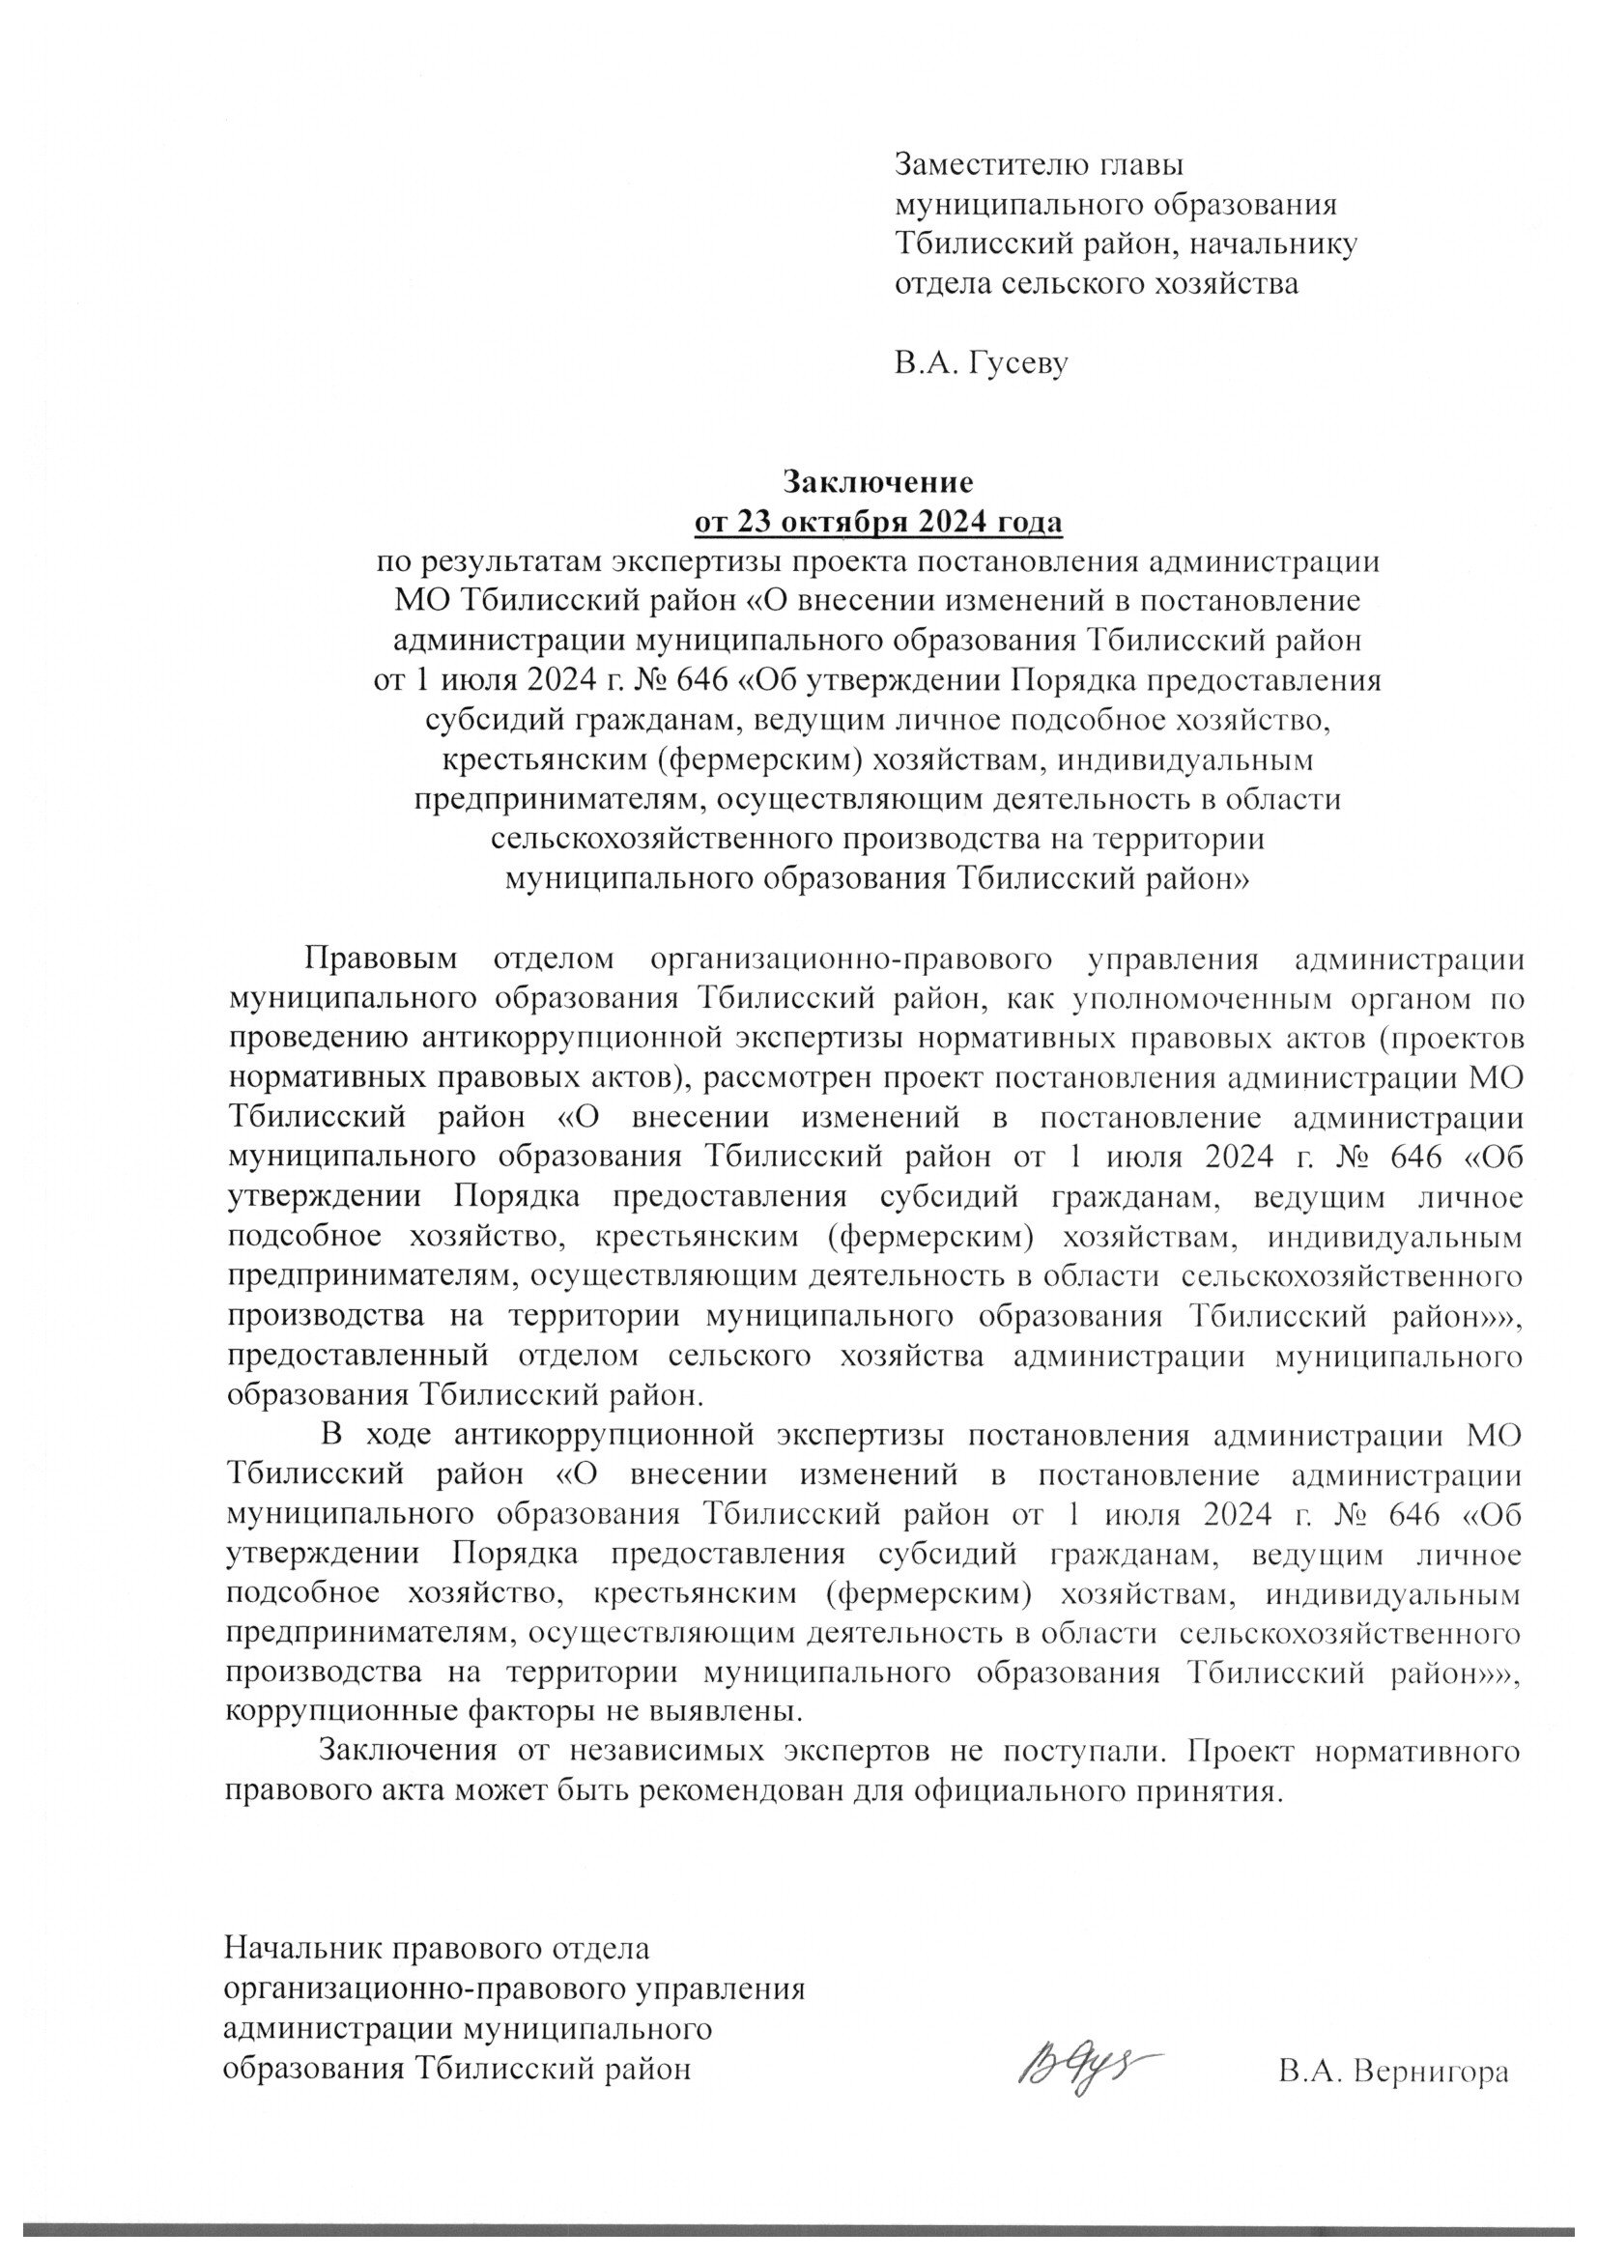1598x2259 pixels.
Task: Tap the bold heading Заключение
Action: pyautogui.click(x=877, y=482)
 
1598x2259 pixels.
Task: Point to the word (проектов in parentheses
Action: pyautogui.click(x=1442, y=1038)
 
